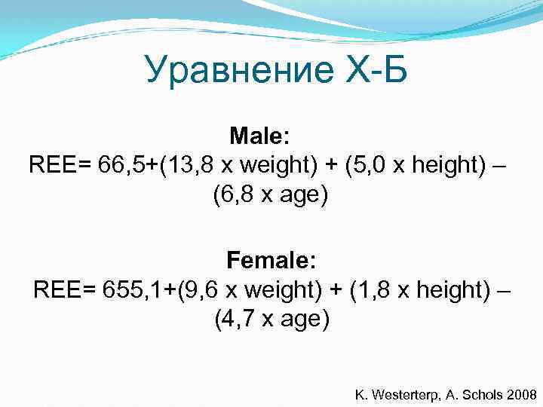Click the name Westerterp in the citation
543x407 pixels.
406,394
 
